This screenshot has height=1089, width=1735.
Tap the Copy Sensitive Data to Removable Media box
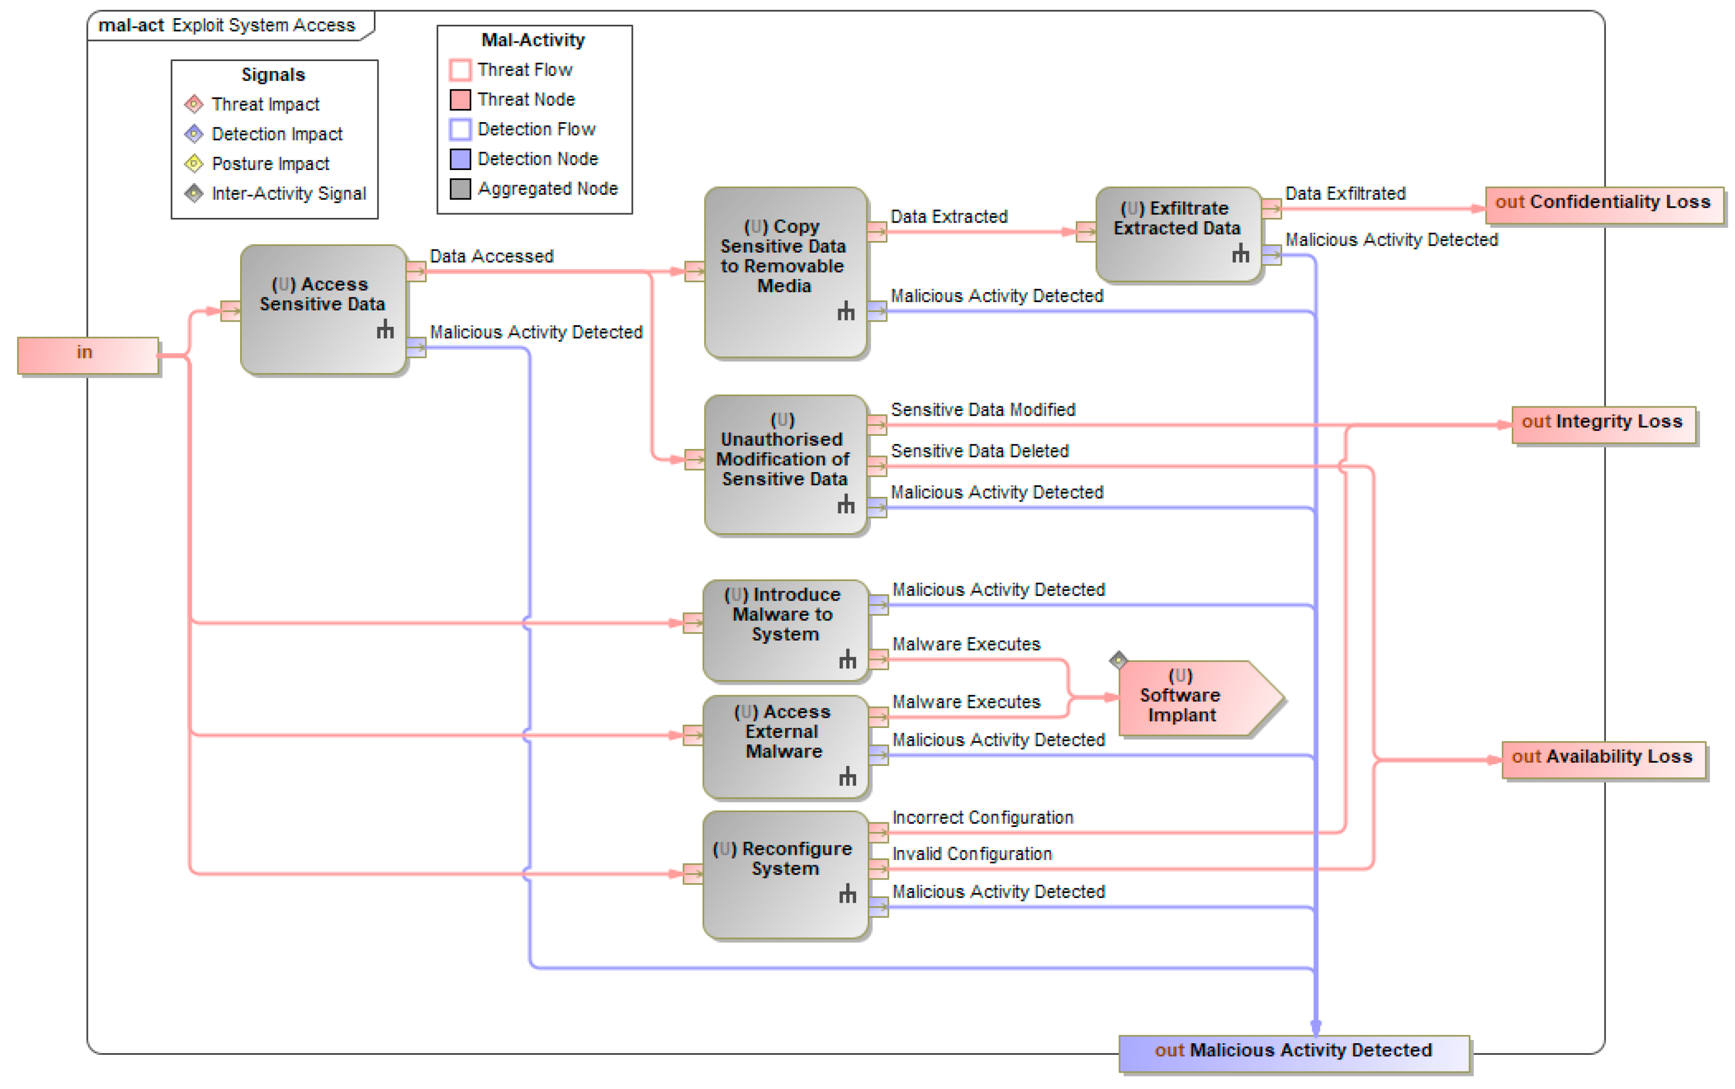coord(785,272)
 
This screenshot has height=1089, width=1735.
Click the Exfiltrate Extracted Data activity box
coord(1177,234)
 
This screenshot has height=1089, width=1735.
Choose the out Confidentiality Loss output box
coord(1604,205)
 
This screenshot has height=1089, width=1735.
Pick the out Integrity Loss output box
coord(1604,425)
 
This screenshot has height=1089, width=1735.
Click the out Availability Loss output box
coord(1604,760)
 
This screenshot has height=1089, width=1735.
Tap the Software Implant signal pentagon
coord(1193,697)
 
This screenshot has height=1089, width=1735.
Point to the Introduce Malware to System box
coord(785,630)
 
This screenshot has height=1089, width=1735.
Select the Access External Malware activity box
coord(785,745)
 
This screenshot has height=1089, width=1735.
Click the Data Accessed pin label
coord(491,256)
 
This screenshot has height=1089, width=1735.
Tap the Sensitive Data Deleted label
coord(980,452)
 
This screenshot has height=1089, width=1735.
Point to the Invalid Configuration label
coord(972,854)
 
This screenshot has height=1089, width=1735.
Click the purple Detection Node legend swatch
coord(460,159)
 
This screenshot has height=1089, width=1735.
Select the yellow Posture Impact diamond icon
coord(194,164)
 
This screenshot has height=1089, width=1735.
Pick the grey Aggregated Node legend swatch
coord(460,189)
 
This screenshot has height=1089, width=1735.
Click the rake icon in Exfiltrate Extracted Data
coord(1240,254)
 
